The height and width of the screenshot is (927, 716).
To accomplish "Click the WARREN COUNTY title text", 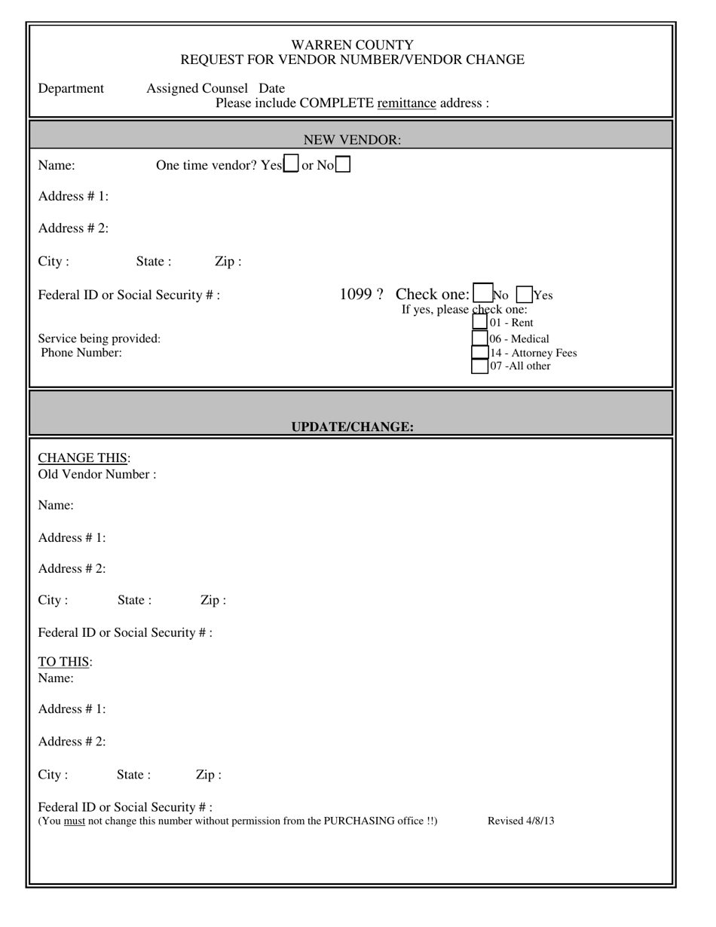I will pyautogui.click(x=352, y=44).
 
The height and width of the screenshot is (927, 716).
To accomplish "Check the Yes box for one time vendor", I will pyautogui.click(x=290, y=164).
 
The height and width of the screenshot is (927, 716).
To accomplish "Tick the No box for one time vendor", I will pyautogui.click(x=342, y=164).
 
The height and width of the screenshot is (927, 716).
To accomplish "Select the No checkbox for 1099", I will pyautogui.click(x=481, y=295).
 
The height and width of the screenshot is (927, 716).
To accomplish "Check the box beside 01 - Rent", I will pyautogui.click(x=479, y=323).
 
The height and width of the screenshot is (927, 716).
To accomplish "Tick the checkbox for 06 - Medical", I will pyautogui.click(x=479, y=338).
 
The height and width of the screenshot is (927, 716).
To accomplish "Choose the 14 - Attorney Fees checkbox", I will pyautogui.click(x=479, y=352).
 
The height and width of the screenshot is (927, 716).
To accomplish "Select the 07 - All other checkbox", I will pyautogui.click(x=479, y=366).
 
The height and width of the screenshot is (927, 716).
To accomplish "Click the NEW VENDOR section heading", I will pyautogui.click(x=352, y=139).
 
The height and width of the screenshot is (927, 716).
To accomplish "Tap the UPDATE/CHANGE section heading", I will pyautogui.click(x=352, y=427).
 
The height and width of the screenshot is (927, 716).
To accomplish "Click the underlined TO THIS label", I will pyautogui.click(x=65, y=662).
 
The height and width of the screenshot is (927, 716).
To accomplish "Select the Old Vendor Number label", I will pyautogui.click(x=97, y=475).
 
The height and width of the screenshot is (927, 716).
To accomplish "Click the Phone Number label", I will pyautogui.click(x=81, y=353).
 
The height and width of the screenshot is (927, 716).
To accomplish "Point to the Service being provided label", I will pyautogui.click(x=99, y=338).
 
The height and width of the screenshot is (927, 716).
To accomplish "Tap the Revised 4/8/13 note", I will pyautogui.click(x=521, y=821).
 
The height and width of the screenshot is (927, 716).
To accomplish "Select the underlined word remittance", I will pyautogui.click(x=406, y=103).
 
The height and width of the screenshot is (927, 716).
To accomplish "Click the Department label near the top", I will pyautogui.click(x=71, y=89).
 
